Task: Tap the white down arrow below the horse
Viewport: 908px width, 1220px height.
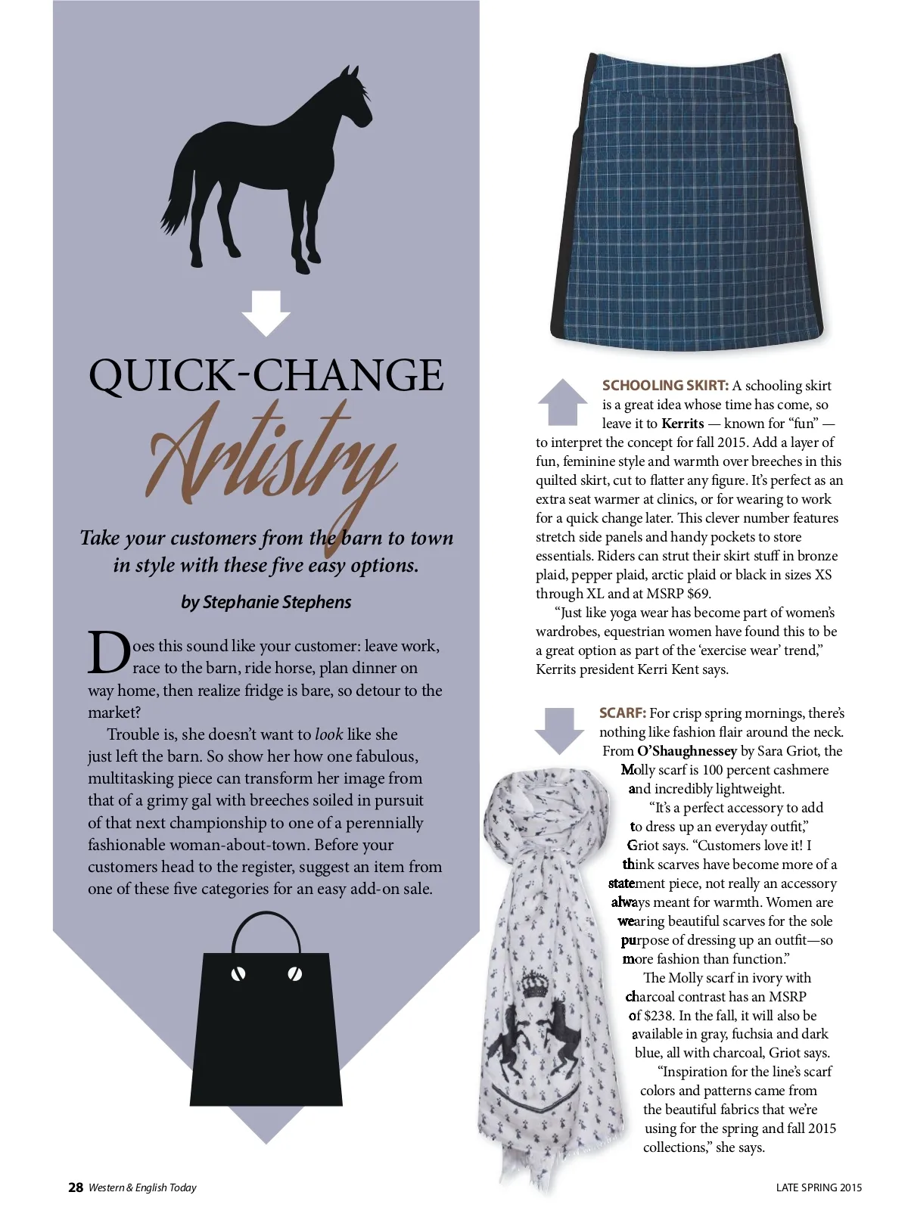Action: click(266, 312)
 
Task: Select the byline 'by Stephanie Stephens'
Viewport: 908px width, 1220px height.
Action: click(266, 602)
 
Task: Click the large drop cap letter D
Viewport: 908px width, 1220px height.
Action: click(108, 653)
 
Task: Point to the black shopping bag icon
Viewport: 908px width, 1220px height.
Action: click(266, 1029)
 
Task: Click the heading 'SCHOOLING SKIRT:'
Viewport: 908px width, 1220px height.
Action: click(665, 386)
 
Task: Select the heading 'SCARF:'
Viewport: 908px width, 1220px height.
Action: click(622, 713)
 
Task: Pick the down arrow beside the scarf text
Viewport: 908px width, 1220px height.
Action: click(559, 730)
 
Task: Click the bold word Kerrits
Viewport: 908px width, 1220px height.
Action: click(683, 424)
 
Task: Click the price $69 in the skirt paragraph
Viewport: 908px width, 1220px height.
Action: click(698, 594)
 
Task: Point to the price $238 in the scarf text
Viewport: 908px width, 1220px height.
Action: click(658, 1016)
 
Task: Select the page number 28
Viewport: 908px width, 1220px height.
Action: click(76, 1187)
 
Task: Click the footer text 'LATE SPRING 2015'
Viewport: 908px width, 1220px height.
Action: click(819, 1187)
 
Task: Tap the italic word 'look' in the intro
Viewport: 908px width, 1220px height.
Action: click(328, 734)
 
